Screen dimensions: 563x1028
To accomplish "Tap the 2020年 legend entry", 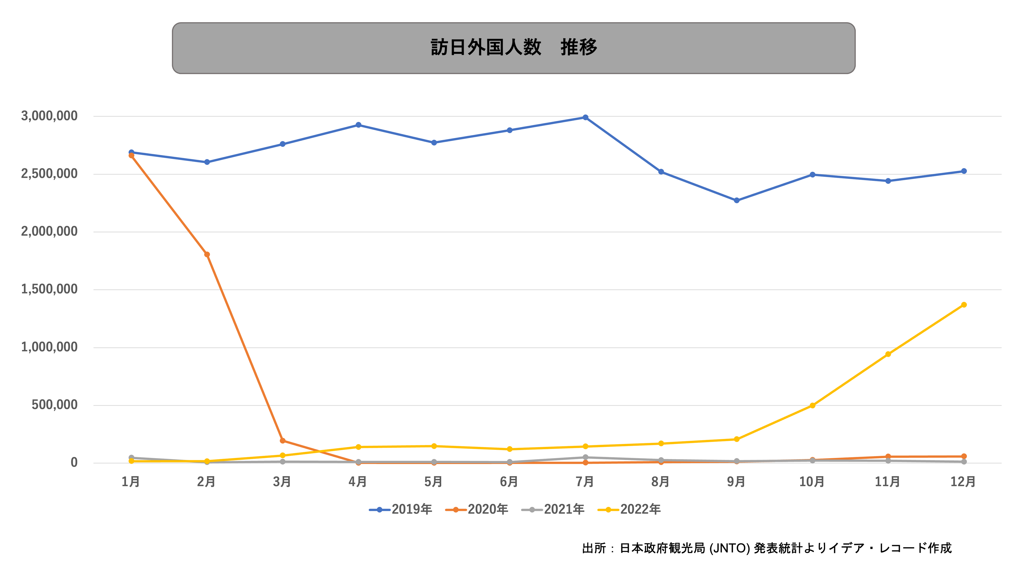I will tap(477, 509).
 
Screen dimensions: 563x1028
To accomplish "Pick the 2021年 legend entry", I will tap(553, 509).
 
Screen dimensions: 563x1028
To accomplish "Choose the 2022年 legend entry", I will tap(629, 509).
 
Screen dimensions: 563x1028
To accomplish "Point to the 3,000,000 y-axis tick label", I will tap(49, 116).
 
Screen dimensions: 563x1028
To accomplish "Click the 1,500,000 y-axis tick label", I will tap(49, 289).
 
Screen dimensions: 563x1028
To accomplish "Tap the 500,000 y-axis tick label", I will tap(54, 405).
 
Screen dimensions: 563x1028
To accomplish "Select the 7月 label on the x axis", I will tap(585, 482).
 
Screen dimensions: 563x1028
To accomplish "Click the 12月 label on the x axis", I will tap(963, 482).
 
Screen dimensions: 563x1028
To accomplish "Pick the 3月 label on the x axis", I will tap(282, 482).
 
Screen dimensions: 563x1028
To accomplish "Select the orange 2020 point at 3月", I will tap(283, 441).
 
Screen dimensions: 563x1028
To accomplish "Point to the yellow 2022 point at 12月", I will tap(964, 305).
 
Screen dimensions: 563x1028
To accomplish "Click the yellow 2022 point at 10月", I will tap(812, 406).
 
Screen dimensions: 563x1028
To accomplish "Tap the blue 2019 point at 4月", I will tap(358, 125).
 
